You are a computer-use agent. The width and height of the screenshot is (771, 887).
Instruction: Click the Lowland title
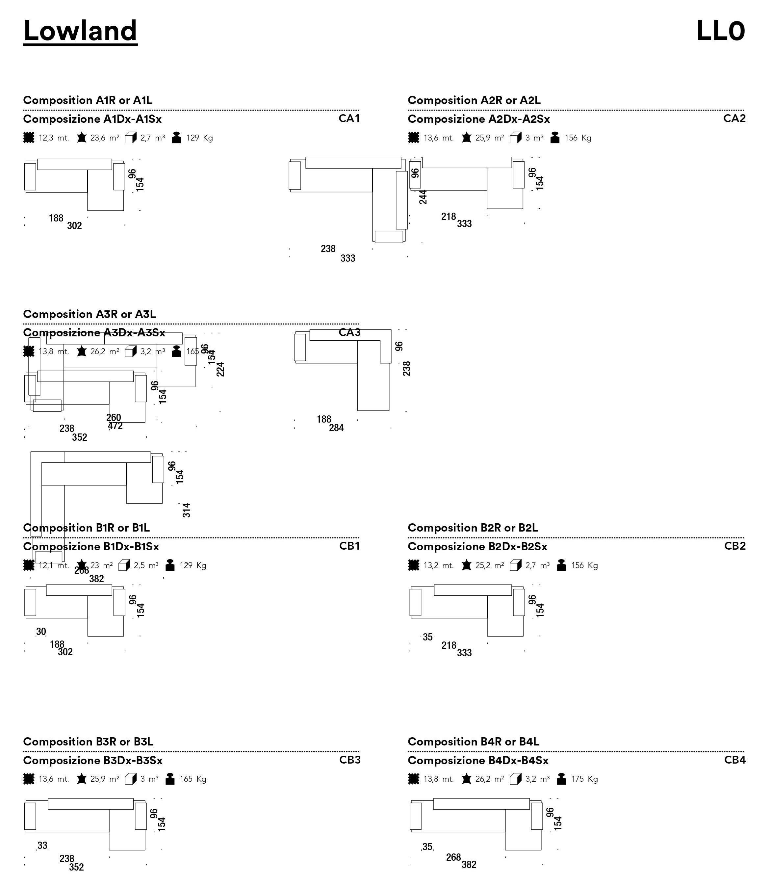pyautogui.click(x=80, y=31)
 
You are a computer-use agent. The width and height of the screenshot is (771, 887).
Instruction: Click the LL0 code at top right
pyautogui.click(x=720, y=31)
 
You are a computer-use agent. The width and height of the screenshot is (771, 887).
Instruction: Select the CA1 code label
pyautogui.click(x=349, y=118)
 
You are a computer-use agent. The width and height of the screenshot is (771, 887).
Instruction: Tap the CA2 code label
pyautogui.click(x=734, y=118)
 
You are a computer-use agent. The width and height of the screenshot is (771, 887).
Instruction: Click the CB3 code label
pyautogui.click(x=350, y=760)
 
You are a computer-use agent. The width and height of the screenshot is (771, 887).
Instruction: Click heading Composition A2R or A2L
pyautogui.click(x=474, y=100)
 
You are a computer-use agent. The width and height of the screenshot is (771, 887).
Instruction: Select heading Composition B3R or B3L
pyautogui.click(x=88, y=742)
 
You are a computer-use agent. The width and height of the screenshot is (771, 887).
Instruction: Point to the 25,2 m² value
pyautogui.click(x=490, y=565)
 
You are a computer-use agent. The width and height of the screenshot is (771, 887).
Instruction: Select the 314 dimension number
pyautogui.click(x=186, y=510)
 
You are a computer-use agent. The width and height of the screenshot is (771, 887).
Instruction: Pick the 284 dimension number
pyautogui.click(x=336, y=428)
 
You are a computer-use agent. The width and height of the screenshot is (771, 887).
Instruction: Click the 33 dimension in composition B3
pyautogui.click(x=42, y=846)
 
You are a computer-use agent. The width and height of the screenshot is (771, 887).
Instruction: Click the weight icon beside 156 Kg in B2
pyautogui.click(x=561, y=565)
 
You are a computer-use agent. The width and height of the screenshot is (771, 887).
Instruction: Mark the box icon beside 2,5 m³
pyautogui.click(x=124, y=565)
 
